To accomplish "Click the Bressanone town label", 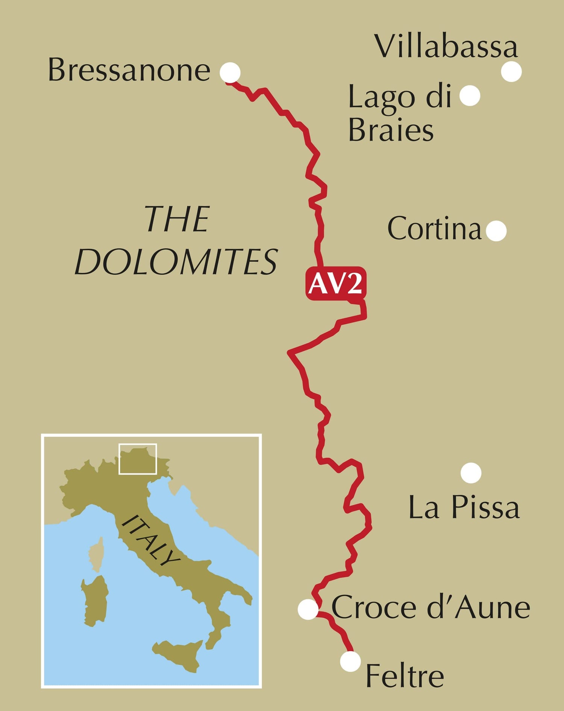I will [129, 70].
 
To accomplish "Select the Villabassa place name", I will [446, 47].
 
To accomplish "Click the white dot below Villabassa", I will [511, 71].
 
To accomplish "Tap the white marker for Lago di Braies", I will [470, 96].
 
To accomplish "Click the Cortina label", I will [434, 229].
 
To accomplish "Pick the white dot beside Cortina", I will [496, 230].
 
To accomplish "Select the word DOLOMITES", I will [176, 262].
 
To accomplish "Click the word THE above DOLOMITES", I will [177, 219].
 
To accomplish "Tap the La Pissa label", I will [464, 508].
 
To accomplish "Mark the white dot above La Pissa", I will [471, 473].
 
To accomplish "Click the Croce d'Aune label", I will [431, 608].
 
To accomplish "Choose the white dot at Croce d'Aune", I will [308, 609].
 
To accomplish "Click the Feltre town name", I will [405, 676].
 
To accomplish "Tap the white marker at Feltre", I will [350, 661].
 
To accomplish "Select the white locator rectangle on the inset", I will [138, 459].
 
